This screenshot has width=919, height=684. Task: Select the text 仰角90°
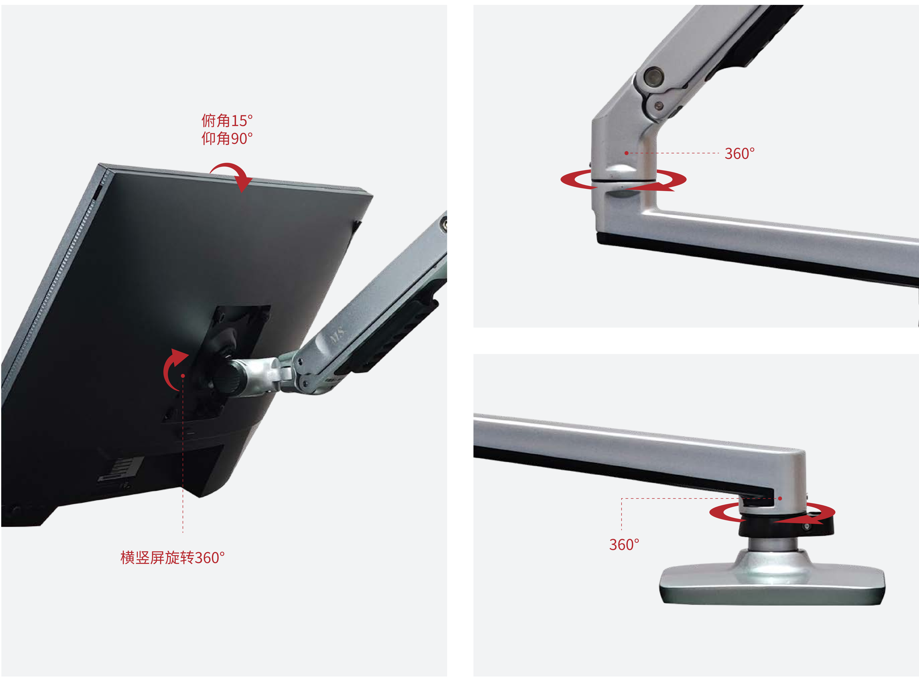(227, 138)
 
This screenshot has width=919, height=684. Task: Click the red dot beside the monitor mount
(183, 376)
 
